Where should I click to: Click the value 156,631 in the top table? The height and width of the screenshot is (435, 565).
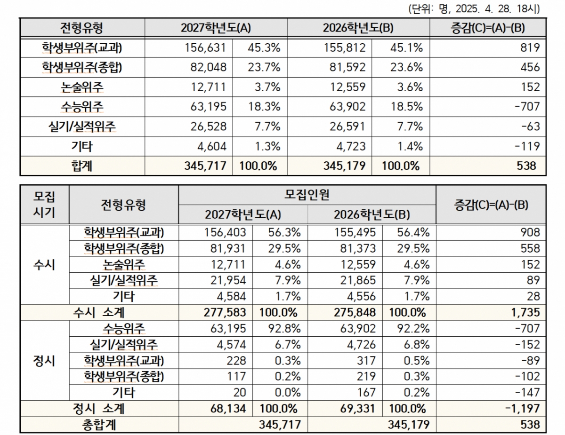pos(206,47)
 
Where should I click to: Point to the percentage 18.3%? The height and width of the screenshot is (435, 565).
pos(264,107)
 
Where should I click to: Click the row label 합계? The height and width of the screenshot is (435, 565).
pos(82,166)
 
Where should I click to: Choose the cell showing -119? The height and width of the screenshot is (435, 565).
pos(526,146)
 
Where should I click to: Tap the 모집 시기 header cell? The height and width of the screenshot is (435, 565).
pos(44,204)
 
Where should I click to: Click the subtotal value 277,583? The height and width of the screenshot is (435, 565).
pos(226,312)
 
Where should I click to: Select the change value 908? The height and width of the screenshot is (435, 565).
pos(530,232)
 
